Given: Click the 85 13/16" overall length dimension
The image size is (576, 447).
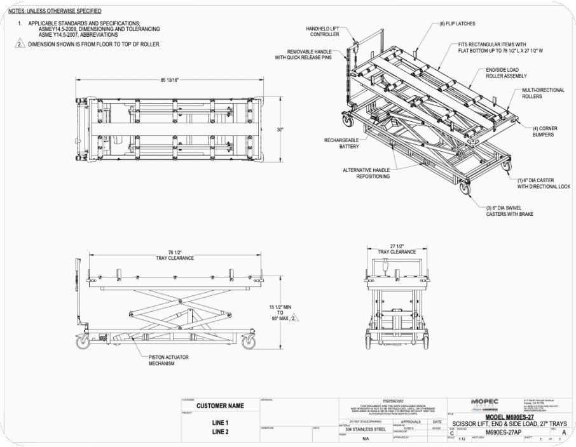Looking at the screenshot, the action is coord(170,80).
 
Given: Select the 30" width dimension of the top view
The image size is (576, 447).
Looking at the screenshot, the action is coord(280,130).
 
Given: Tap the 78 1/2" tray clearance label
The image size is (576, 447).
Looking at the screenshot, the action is coord(170,255).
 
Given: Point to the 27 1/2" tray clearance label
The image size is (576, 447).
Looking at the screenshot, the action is coord(397,249).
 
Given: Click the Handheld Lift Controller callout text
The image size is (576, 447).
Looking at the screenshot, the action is coord(323,32).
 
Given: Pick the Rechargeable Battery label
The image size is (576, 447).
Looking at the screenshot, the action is coord(341,143).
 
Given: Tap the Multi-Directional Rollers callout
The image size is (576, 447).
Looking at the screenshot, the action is coord(542,93).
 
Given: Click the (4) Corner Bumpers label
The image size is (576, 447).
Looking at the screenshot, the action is coord(545,131).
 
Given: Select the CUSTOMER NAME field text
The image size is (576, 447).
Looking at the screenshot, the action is coord(220,406).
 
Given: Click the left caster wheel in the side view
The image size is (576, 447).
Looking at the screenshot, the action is coord(83,343).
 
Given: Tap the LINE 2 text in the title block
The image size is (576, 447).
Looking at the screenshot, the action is coord(220,432).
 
